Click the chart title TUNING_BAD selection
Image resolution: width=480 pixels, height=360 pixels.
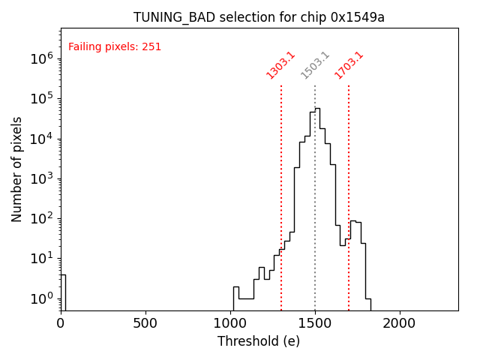coord(259,17)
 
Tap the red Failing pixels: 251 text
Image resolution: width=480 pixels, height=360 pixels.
coord(115,47)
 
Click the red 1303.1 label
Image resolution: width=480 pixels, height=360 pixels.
coord(281,65)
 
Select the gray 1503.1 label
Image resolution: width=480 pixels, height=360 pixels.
coord(315,65)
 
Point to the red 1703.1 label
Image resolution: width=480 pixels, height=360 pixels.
coord(349,65)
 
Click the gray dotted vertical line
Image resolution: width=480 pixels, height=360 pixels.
coord(315,187)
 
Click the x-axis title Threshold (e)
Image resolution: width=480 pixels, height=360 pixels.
coord(259,341)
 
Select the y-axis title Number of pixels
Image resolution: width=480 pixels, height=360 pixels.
coord(17,169)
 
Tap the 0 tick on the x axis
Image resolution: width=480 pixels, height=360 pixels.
coord(61,322)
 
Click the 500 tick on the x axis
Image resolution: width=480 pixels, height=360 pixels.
coord(145,322)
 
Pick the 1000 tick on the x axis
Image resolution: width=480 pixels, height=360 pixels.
coord(230,322)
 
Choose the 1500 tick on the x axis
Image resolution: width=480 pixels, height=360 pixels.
coord(315,322)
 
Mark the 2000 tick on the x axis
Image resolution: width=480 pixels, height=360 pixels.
coord(400,322)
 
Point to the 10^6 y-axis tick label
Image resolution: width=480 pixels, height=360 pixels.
coord(40,58)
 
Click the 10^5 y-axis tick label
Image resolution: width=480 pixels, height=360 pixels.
coord(40,98)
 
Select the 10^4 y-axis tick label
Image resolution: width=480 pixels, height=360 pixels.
coord(40,139)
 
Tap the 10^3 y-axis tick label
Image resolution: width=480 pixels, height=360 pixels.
coord(40,178)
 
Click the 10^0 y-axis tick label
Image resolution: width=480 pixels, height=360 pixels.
coord(40,298)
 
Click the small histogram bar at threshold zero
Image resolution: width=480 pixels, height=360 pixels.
coord(63,292)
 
